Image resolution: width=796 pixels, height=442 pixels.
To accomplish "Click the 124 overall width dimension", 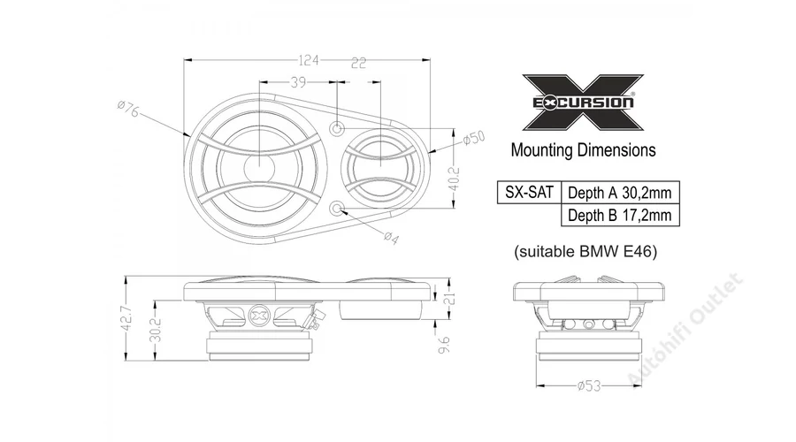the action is (308, 60).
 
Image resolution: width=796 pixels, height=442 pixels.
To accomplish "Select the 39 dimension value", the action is (299, 81).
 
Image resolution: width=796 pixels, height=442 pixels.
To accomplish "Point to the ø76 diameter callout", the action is (127, 108).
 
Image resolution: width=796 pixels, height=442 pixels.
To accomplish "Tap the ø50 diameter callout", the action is (474, 138).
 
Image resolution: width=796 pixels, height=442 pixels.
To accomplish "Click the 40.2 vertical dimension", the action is (454, 179).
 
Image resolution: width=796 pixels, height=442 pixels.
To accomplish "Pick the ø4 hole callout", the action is (391, 238).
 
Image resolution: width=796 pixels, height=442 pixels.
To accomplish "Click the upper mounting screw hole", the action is (337, 129).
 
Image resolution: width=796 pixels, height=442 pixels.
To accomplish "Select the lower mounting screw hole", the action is (337, 208).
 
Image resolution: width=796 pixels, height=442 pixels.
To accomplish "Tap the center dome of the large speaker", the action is (259, 167).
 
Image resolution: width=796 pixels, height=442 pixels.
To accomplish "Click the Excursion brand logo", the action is (583, 103).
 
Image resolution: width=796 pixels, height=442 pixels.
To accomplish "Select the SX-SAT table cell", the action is (529, 193).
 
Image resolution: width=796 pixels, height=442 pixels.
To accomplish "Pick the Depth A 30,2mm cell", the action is (620, 193).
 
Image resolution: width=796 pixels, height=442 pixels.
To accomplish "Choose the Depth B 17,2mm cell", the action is (620, 215).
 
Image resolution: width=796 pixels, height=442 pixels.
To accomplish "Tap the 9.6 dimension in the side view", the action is (444, 345).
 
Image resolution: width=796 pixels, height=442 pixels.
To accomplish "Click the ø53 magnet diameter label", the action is (589, 386).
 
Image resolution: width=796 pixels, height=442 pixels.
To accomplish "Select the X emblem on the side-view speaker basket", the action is (259, 316).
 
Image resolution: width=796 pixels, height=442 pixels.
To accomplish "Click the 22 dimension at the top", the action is (358, 63).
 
